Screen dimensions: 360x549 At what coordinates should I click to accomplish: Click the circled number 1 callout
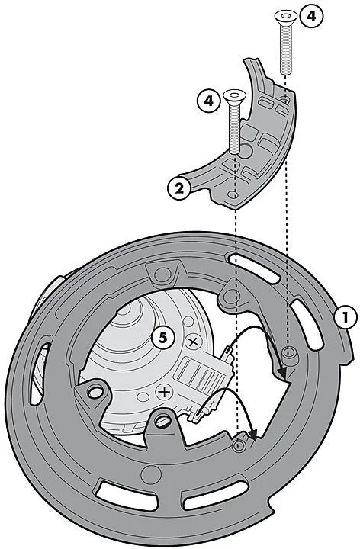pos(346,317)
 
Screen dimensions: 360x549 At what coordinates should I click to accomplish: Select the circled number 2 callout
pos(179,188)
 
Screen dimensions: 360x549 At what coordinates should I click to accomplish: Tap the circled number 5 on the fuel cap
pos(163,338)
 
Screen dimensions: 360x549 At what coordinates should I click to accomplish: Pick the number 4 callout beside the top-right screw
pos(310,17)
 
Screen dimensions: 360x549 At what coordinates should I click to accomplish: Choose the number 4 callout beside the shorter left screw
pos(209,101)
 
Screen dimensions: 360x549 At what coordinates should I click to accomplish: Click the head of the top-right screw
pos(286,16)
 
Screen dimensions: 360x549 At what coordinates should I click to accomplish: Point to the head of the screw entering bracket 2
pos(234,95)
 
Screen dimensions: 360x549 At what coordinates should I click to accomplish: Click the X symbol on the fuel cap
pos(193,342)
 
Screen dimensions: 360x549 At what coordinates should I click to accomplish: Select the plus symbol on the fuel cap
pos(164,392)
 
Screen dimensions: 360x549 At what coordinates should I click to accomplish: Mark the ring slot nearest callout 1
pos(308,324)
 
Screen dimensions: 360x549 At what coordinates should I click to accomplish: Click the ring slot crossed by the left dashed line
pos(253,267)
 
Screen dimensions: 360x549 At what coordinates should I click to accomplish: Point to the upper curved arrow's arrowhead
pos(282,373)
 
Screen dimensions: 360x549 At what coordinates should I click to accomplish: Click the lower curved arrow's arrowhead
pos(253,434)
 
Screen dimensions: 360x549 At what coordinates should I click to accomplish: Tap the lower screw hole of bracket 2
pos(232,194)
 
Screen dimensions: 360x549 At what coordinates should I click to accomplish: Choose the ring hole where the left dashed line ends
pos(238,445)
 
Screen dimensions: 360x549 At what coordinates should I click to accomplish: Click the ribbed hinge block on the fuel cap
pos(201,374)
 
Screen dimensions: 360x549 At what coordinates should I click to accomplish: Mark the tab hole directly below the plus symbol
pos(162,421)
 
